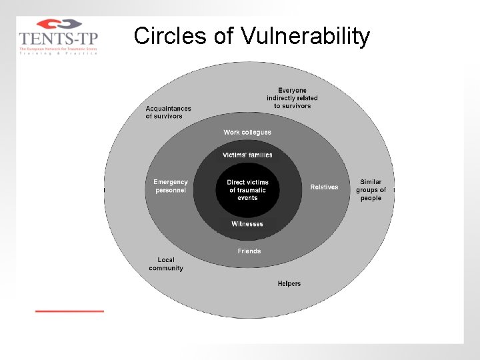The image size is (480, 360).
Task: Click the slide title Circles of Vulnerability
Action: [x=251, y=36]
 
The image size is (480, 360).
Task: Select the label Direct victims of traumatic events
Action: [x=247, y=190]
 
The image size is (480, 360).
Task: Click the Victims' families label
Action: [x=247, y=155]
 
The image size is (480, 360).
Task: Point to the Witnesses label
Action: [x=247, y=224]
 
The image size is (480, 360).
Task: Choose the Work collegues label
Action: [x=247, y=133]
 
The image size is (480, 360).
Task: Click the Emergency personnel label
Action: [x=171, y=186]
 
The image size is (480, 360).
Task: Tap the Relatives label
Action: [x=324, y=187]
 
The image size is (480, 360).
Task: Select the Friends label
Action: [x=249, y=251]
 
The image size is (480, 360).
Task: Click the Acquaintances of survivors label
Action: [x=168, y=113]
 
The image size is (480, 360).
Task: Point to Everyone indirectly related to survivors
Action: [x=292, y=98]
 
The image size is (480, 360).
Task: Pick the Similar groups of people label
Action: [x=371, y=190]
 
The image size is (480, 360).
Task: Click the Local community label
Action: [x=166, y=264]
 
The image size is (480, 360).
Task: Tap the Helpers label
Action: [x=289, y=284]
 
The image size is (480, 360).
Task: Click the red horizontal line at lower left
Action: [x=69, y=311]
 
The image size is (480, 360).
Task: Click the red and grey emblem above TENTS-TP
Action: [x=58, y=24]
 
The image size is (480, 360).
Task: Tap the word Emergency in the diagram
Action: [x=171, y=182]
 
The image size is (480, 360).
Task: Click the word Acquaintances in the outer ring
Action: [x=169, y=109]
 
